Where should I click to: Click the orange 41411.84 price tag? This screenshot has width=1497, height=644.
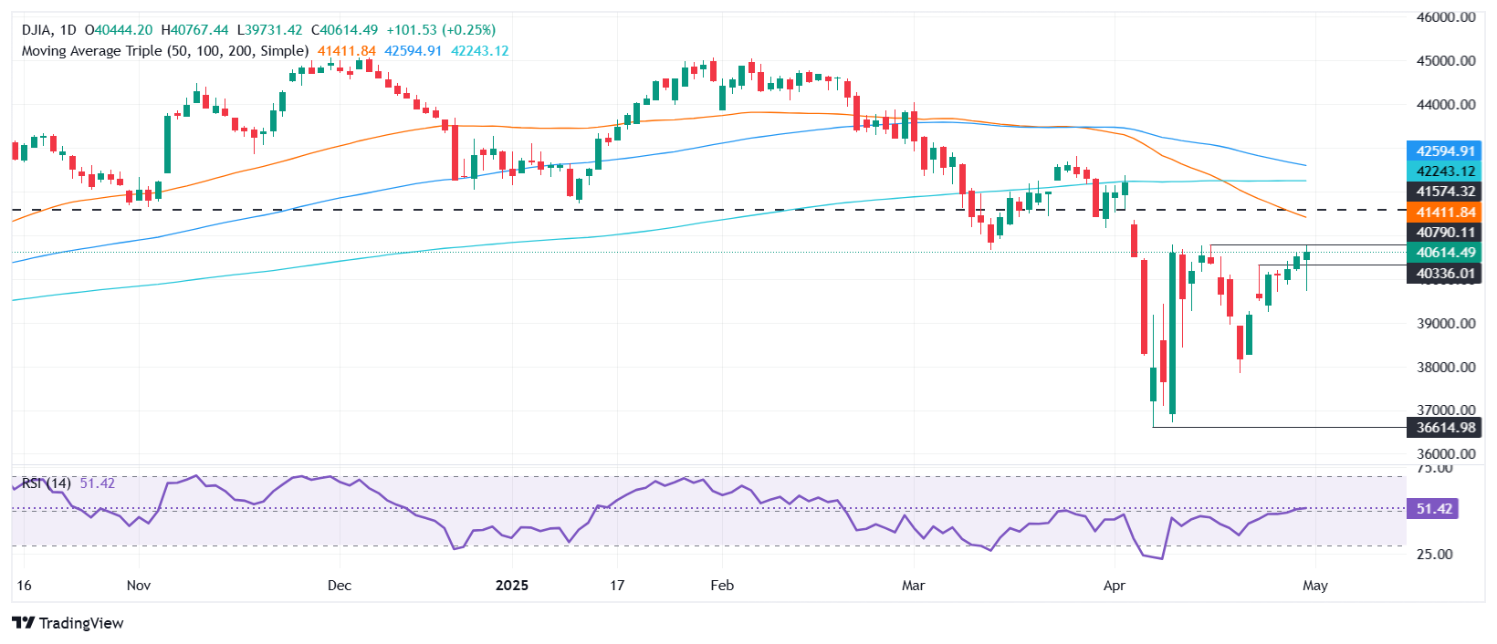pos(1445,213)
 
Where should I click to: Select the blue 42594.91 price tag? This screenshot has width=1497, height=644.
pos(1445,151)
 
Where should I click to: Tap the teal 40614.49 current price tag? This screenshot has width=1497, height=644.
pos(1445,253)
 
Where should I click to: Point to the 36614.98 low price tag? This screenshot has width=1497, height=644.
pos(1445,428)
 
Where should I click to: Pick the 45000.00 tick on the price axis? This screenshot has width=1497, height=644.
pos(1445,61)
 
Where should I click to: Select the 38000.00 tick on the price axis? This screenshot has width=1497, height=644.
pos(1445,368)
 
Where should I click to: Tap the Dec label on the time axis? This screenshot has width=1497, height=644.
pos(339,586)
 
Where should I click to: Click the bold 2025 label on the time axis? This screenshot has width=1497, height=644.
pos(511,586)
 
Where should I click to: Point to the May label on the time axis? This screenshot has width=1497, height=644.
pos(1314,586)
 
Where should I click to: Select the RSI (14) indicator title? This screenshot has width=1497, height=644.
pos(46,483)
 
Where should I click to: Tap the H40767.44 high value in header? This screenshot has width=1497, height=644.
pos(194,30)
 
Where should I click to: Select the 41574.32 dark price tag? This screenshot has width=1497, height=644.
pos(1445,192)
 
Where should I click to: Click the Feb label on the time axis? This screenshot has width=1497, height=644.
pos(722,586)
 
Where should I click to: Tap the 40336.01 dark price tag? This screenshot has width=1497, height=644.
pos(1445,274)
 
